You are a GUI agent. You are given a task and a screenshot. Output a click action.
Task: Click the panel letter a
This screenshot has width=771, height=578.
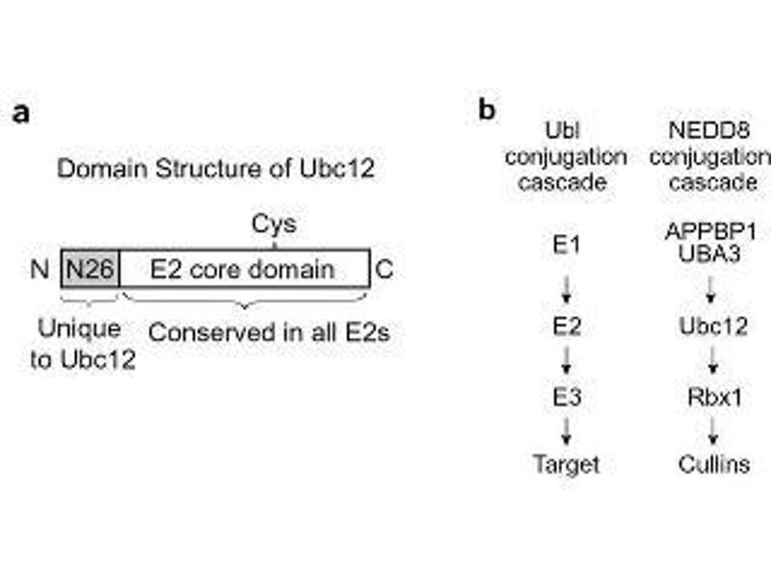[21, 113]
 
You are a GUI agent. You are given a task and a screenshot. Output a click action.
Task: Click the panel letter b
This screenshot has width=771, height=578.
[488, 110]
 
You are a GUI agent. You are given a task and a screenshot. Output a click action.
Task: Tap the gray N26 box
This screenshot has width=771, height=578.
[91, 269]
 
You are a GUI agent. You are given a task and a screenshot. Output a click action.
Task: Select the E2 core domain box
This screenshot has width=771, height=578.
[244, 269]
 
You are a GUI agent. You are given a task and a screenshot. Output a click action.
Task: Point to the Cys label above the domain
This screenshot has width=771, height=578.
[274, 224]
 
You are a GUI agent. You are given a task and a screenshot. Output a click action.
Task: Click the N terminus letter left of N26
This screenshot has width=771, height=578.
[40, 269]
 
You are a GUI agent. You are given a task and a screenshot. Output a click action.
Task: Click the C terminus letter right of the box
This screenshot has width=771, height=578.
[384, 269]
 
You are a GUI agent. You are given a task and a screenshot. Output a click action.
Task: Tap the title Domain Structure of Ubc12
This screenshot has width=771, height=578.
[216, 169]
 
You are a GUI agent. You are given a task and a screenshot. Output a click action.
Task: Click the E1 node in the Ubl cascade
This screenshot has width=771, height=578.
[567, 246]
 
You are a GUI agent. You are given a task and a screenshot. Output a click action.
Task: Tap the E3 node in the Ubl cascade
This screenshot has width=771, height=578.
[567, 396]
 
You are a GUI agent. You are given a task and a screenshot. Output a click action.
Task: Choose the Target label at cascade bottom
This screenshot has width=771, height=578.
[567, 464]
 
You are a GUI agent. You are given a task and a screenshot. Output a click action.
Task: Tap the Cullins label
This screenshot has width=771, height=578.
[714, 464]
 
